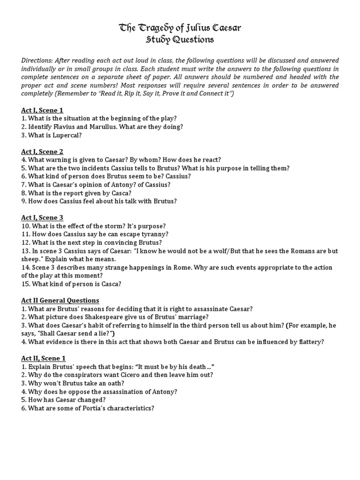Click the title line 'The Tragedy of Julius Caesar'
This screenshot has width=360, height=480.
tap(180, 29)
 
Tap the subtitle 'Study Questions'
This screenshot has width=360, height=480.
tap(180, 40)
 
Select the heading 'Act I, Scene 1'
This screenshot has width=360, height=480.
tap(42, 110)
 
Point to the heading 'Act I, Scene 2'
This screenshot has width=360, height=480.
tap(42, 151)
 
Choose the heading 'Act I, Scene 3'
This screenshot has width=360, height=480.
tap(42, 217)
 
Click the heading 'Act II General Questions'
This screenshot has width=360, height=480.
tap(60, 300)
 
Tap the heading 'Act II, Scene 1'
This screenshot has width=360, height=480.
tap(44, 358)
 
